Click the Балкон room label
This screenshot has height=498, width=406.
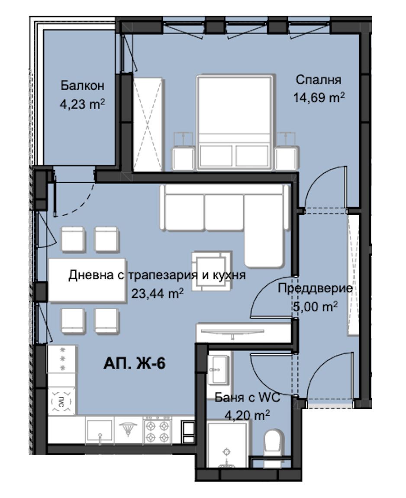82,85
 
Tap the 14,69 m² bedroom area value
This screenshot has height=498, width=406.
319,97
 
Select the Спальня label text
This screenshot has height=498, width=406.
319,80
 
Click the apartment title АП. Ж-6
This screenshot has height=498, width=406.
134,363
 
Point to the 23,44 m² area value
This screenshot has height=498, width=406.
157,293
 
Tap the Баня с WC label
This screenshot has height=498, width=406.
248,398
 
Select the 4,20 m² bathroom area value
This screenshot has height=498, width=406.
247,415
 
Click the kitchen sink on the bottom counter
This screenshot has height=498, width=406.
100,430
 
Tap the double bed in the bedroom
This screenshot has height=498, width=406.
235,122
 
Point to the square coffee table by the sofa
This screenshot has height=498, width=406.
211,271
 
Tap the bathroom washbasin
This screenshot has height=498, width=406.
219,370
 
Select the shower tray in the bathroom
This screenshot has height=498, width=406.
227,445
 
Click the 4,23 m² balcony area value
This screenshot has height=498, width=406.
83,103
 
